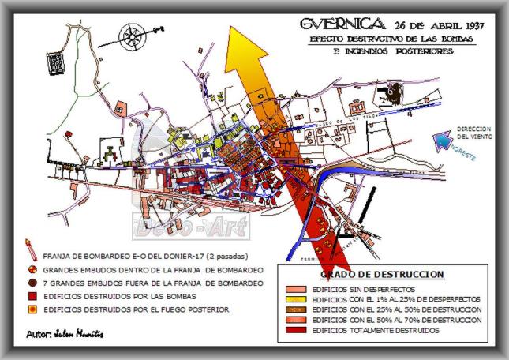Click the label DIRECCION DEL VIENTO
tap(473, 133)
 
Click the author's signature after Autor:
tap(80, 335)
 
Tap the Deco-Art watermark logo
tap(193, 224)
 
